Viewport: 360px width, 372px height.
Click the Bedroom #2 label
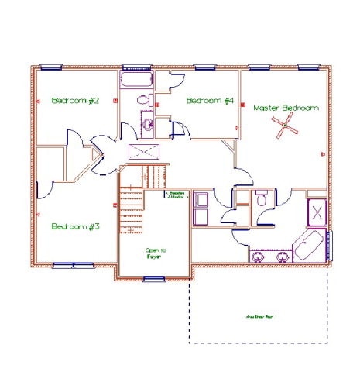(x=76, y=101)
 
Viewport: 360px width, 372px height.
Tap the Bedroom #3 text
(x=76, y=227)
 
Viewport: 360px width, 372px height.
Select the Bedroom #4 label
(x=210, y=101)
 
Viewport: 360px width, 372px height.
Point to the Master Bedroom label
(x=286, y=108)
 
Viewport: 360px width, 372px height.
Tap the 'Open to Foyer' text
(x=156, y=253)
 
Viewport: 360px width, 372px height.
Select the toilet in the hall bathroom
(x=143, y=99)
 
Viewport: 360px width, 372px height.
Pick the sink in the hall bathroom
(x=147, y=122)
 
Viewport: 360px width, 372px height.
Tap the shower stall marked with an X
(x=317, y=211)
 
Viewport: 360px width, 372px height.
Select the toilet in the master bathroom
(x=262, y=200)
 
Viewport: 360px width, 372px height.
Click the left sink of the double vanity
(x=257, y=254)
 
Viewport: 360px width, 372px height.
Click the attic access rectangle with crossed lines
(x=145, y=152)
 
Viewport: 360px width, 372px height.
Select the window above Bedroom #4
(x=205, y=67)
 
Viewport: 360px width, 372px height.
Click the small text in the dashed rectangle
(x=259, y=317)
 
